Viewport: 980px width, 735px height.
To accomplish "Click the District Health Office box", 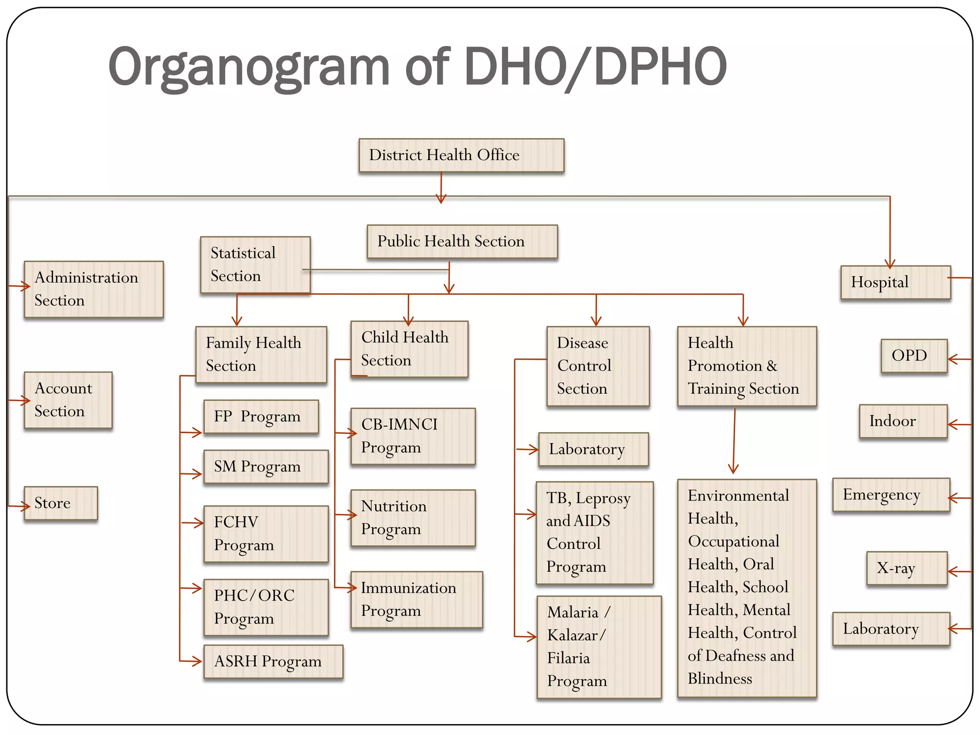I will pyautogui.click(x=461, y=155).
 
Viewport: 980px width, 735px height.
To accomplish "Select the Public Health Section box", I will pyautogui.click(x=462, y=241).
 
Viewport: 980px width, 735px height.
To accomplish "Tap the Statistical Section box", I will pyautogui.click(x=255, y=264).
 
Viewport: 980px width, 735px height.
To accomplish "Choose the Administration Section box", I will pyautogui.click(x=94, y=289).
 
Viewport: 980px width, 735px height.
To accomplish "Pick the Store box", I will pyautogui.click(x=61, y=503).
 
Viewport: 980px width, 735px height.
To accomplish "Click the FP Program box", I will pyautogui.click(x=261, y=417).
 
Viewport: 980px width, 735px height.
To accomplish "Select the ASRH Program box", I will pyautogui.click(x=273, y=661).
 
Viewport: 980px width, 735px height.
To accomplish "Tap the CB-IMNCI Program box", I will pyautogui.click(x=413, y=436).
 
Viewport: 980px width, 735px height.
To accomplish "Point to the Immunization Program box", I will pyautogui.click(x=416, y=599).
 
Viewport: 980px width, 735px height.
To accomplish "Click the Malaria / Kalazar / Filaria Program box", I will pyautogui.click(x=599, y=646).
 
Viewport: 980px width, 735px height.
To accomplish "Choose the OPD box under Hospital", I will pyautogui.click(x=914, y=356).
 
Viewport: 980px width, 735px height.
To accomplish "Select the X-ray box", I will pyautogui.click(x=907, y=568).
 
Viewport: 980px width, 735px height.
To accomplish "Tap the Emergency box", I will pyautogui.click(x=891, y=495).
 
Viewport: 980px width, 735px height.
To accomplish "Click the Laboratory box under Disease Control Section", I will pyautogui.click(x=593, y=449).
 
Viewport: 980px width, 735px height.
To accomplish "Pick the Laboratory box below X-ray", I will pyautogui.click(x=891, y=629).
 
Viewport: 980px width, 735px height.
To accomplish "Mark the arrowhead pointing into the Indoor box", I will pyautogui.click(x=953, y=424).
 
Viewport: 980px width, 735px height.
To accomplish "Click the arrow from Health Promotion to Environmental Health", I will pyautogui.click(x=734, y=440).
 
